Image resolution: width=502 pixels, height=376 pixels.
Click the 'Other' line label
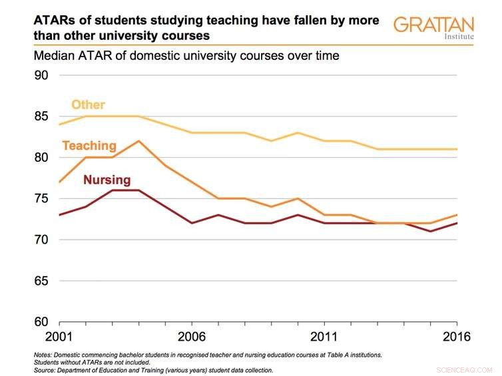(88, 104)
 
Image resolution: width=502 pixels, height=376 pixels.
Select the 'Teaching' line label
(89, 145)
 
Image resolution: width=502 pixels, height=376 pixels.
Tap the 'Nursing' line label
(107, 180)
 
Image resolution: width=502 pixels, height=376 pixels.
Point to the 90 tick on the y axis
(41, 75)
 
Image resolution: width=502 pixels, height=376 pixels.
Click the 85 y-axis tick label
(41, 116)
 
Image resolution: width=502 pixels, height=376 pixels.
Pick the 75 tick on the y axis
(41, 198)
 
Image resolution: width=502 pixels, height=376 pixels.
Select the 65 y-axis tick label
(41, 281)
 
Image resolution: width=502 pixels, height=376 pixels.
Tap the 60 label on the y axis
(41, 322)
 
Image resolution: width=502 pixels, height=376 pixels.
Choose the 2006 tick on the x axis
(190, 337)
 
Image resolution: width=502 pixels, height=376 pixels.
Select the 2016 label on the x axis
(456, 337)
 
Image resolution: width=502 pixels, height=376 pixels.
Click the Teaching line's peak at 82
(138, 141)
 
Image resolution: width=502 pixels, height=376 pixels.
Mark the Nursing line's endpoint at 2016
(457, 223)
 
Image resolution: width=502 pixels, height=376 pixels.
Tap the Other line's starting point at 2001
(59, 124)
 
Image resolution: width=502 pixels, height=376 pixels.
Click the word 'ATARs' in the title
(55, 21)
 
